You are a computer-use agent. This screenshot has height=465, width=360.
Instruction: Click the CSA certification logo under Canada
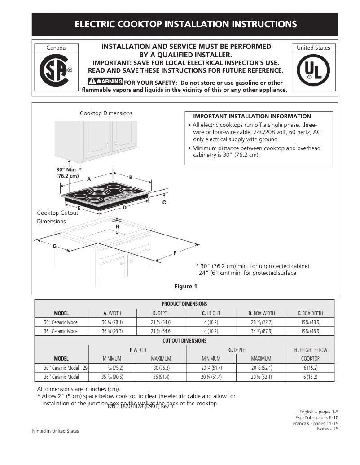[x=56, y=71]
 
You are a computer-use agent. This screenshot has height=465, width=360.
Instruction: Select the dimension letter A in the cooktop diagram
[x=89, y=179]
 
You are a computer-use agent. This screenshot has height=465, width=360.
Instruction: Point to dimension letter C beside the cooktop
[x=164, y=203]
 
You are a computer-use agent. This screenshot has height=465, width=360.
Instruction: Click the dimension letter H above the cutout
[x=117, y=227]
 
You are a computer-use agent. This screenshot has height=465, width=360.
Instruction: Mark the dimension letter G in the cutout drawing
[x=55, y=246]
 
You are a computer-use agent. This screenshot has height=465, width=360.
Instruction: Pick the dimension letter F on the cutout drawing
[x=175, y=253]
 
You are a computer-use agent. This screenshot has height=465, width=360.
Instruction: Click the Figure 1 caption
[x=185, y=287]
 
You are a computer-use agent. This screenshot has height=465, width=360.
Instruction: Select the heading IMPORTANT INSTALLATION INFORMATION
[x=252, y=117]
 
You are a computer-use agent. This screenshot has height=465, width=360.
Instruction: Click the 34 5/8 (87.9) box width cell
[x=261, y=331]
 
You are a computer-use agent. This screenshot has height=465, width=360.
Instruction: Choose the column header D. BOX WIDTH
[x=261, y=313]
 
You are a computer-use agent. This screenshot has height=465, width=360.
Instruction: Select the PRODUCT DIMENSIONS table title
[x=184, y=304]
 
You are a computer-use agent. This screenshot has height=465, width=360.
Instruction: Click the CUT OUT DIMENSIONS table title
[x=184, y=341]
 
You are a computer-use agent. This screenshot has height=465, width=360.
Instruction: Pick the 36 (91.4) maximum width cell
[x=161, y=377]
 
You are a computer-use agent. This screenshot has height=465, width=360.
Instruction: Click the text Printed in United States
[x=55, y=431]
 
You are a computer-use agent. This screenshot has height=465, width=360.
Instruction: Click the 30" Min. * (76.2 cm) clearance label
[x=69, y=173]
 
